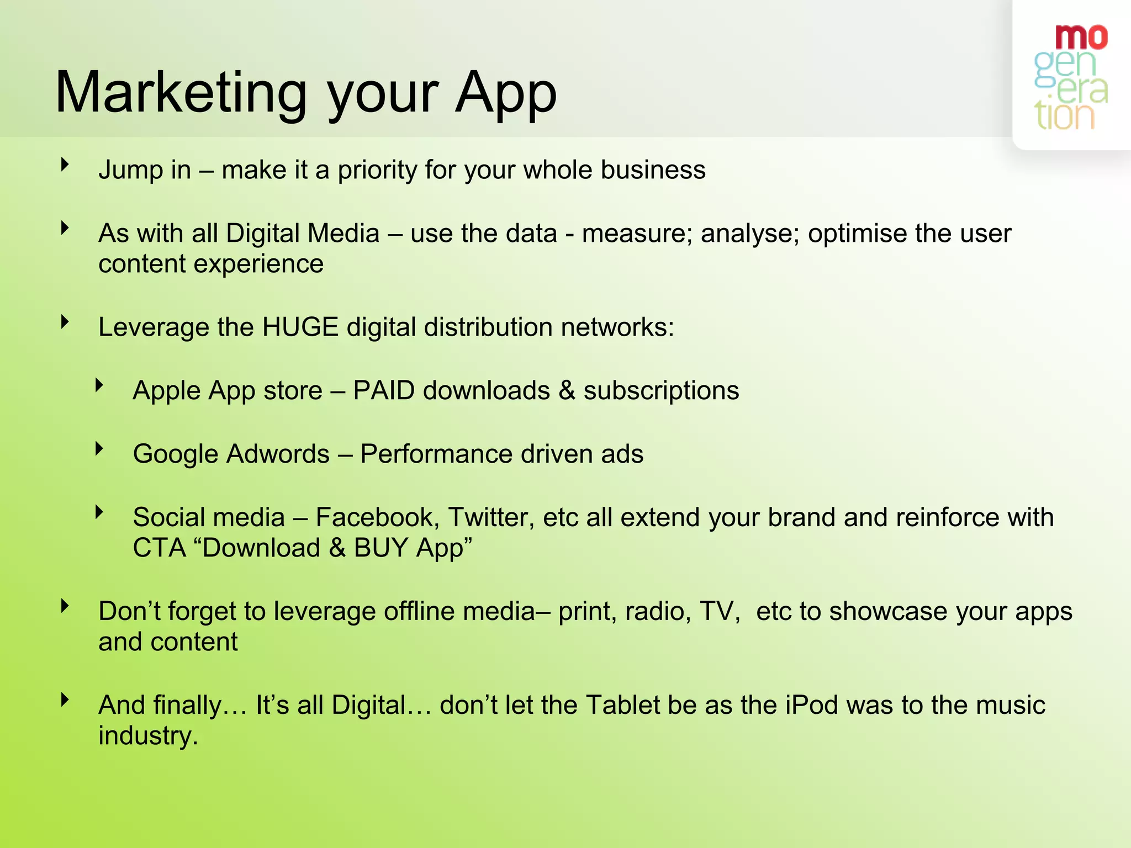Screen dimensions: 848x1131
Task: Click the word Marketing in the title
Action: (x=181, y=93)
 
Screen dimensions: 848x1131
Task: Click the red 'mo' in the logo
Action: (x=1081, y=37)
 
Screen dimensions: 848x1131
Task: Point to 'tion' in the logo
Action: (x=1064, y=116)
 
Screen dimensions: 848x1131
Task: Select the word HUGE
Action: (x=300, y=327)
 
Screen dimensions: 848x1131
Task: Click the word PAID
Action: (x=384, y=390)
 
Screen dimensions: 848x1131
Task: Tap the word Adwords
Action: (x=278, y=454)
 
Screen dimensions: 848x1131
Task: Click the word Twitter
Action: (x=491, y=517)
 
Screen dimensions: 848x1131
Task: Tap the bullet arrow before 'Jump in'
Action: (x=65, y=164)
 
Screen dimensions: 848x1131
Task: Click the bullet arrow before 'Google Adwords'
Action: (x=99, y=448)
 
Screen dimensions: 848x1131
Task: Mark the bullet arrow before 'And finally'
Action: (x=65, y=699)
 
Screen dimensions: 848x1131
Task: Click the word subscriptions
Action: (x=661, y=390)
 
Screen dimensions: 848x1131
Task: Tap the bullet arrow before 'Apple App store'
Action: (x=99, y=385)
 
